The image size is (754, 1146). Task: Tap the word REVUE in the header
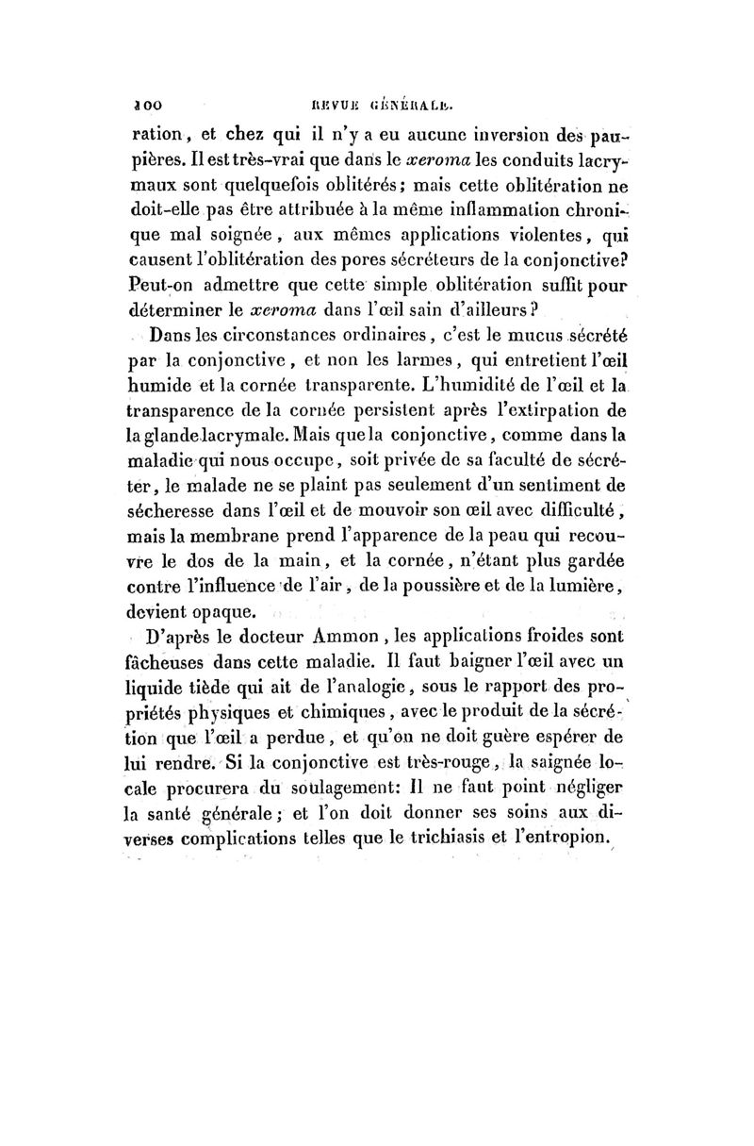[341, 96]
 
